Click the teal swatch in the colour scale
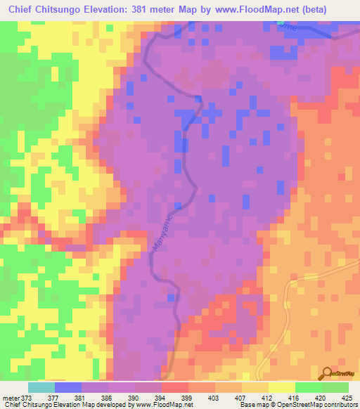[41, 387]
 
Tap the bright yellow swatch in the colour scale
[281, 387]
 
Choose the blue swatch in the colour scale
[67, 387]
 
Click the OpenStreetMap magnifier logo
[328, 373]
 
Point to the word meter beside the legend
[11, 398]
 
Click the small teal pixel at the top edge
[281, 23]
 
